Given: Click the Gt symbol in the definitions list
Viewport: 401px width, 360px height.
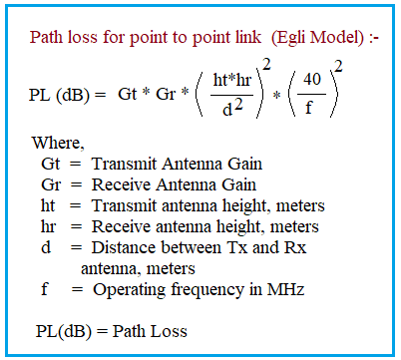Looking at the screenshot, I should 50,164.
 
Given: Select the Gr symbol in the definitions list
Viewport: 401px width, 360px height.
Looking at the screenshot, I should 50,184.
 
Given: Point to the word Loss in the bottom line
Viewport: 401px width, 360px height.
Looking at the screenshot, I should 169,331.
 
